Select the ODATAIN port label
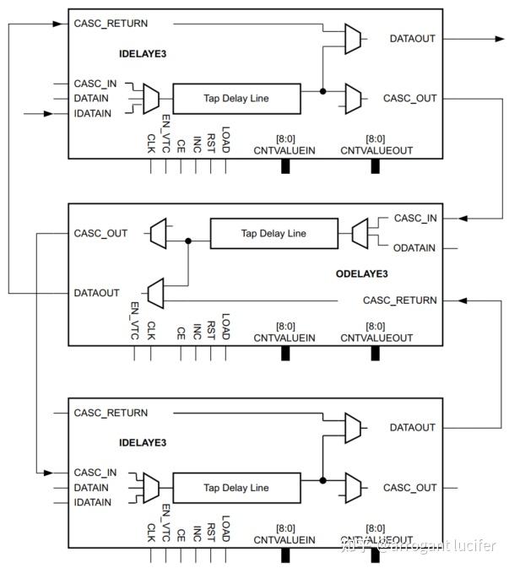coord(414,247)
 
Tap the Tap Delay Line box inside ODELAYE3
coord(273,234)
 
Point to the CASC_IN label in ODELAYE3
coord(415,219)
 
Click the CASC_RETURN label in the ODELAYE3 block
coord(400,300)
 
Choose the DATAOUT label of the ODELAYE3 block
coord(97,293)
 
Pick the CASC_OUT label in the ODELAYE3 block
coord(100,234)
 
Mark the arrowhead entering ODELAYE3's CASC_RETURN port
coord(463,300)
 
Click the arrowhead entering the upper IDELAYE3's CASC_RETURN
coord(63,24)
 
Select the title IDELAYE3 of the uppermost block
coord(143,54)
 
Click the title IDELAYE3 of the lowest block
coord(143,442)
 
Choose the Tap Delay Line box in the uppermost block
coord(236,99)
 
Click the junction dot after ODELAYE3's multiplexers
coord(188,241)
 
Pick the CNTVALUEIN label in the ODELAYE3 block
coord(284,337)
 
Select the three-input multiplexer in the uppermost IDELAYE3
coord(151,98)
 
